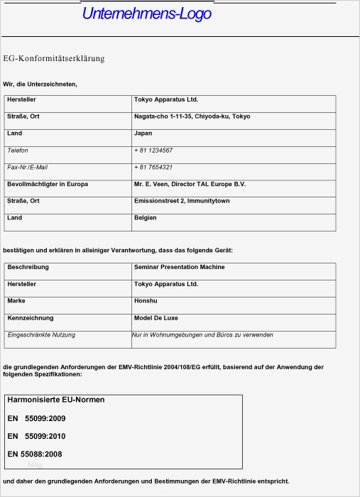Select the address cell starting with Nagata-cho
(192, 116)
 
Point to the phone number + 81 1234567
(153, 151)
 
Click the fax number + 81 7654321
(153, 168)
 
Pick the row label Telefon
(18, 151)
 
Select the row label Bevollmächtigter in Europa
(48, 185)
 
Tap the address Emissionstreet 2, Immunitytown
(182, 201)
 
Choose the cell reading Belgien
(145, 218)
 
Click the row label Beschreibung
(28, 267)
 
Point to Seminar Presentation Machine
(179, 267)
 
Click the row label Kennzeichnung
(31, 318)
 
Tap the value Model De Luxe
(155, 318)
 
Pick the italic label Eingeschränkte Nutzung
(41, 334)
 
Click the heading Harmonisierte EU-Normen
(56, 400)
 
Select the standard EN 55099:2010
(36, 436)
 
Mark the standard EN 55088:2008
(35, 453)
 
